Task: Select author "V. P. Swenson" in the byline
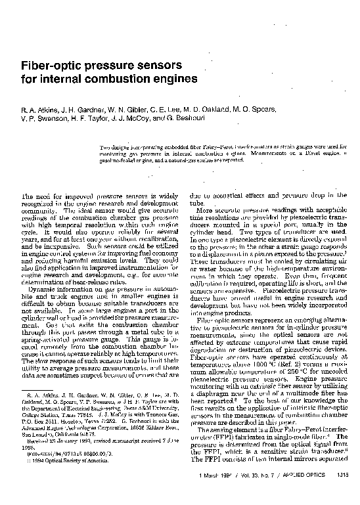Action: coord(43,118)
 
